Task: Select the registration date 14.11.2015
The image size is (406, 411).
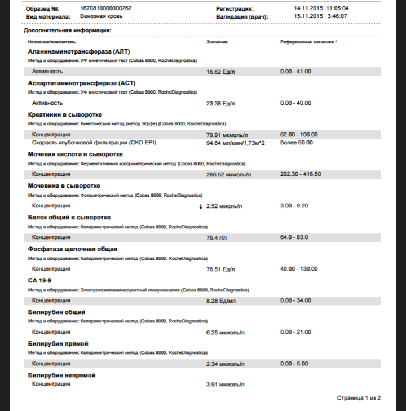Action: (x=308, y=9)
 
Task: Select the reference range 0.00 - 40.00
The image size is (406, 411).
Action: (x=295, y=103)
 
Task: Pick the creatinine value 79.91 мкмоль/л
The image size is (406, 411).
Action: (x=228, y=135)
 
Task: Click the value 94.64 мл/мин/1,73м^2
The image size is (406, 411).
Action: (x=236, y=143)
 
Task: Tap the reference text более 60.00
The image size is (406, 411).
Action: (x=296, y=143)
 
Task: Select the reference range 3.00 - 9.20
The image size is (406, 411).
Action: (x=294, y=206)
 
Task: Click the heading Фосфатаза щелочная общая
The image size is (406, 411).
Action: (x=73, y=249)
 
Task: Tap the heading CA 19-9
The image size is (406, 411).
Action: (x=40, y=280)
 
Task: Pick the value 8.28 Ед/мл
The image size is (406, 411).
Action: (x=222, y=300)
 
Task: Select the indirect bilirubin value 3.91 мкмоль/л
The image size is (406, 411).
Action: (x=226, y=385)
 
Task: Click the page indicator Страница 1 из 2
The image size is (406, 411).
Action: (x=359, y=398)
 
